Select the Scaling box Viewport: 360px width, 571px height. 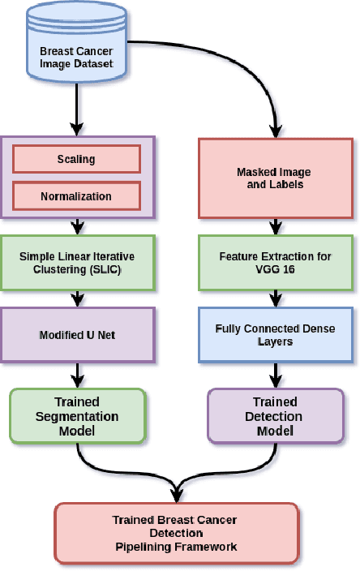click(77, 160)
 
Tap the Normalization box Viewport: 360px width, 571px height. click(77, 195)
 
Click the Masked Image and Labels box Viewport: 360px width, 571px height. click(279, 178)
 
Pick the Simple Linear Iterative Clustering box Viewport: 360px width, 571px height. click(77, 262)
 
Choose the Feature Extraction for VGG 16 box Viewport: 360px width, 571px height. click(276, 262)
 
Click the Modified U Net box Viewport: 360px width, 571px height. click(77, 333)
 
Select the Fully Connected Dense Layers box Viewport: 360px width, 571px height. click(276, 335)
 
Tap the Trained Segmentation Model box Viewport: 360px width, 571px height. click(77, 416)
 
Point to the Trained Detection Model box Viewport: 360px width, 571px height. click(275, 416)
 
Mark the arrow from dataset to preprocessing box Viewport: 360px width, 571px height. click(77, 109)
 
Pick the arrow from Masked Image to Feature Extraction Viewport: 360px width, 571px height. click(276, 227)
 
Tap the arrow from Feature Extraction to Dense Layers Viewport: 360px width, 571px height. click(276, 298)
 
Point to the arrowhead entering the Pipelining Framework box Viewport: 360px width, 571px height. click(175, 497)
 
